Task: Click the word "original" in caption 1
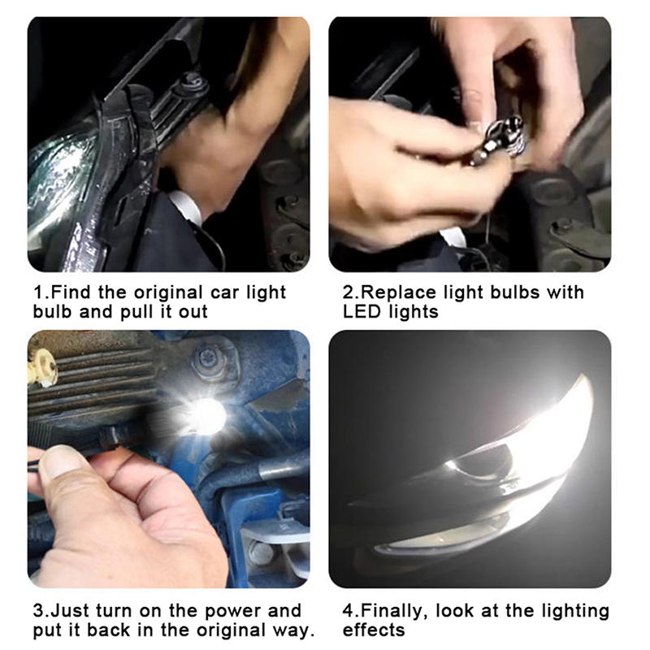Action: [169, 293]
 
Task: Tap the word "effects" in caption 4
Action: [374, 630]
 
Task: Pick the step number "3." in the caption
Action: [42, 612]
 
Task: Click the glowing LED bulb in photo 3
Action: [206, 414]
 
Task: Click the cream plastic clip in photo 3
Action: [42, 367]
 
